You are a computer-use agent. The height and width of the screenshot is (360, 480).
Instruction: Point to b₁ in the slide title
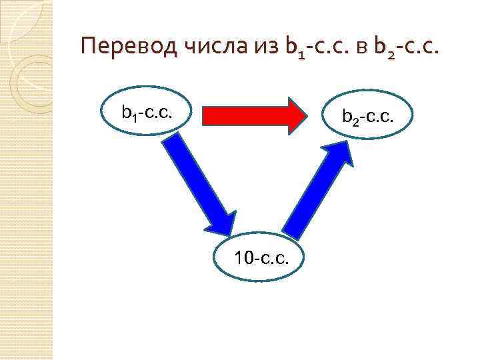tap(293, 48)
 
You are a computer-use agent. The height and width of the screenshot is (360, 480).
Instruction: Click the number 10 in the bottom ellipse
tap(243, 257)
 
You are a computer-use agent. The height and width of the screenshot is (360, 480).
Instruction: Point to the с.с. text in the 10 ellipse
tap(274, 257)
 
